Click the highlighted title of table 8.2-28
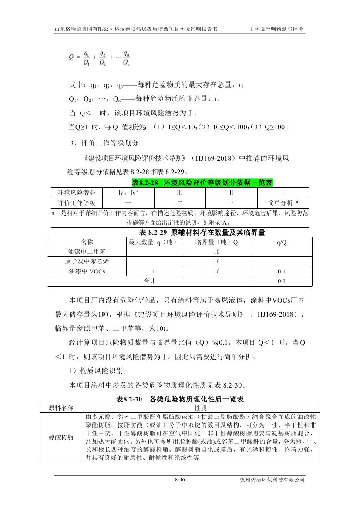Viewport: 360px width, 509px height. click(202, 183)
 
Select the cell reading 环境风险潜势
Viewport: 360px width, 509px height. click(77, 192)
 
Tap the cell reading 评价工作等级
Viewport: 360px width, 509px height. click(77, 203)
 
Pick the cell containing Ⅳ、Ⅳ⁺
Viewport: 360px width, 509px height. click(128, 192)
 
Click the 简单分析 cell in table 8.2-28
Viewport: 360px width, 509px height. click(283, 203)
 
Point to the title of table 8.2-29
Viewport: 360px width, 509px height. click(202, 233)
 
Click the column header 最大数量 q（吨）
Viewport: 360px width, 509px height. click(154, 242)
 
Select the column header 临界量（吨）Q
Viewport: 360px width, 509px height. click(216, 242)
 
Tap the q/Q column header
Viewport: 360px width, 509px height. click(282, 242)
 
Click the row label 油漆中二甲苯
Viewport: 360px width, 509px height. click(87, 252)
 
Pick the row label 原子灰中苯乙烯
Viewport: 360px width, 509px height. click(87, 262)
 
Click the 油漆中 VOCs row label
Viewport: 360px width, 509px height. click(87, 271)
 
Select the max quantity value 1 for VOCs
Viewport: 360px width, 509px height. click(154, 271)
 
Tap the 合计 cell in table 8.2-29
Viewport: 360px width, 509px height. click(150, 281)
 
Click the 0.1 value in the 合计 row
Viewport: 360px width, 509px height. click(282, 281)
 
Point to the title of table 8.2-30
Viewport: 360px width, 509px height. click(180, 399)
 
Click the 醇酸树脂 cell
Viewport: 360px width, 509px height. click(61, 437)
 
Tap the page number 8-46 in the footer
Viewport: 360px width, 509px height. click(180, 480)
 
